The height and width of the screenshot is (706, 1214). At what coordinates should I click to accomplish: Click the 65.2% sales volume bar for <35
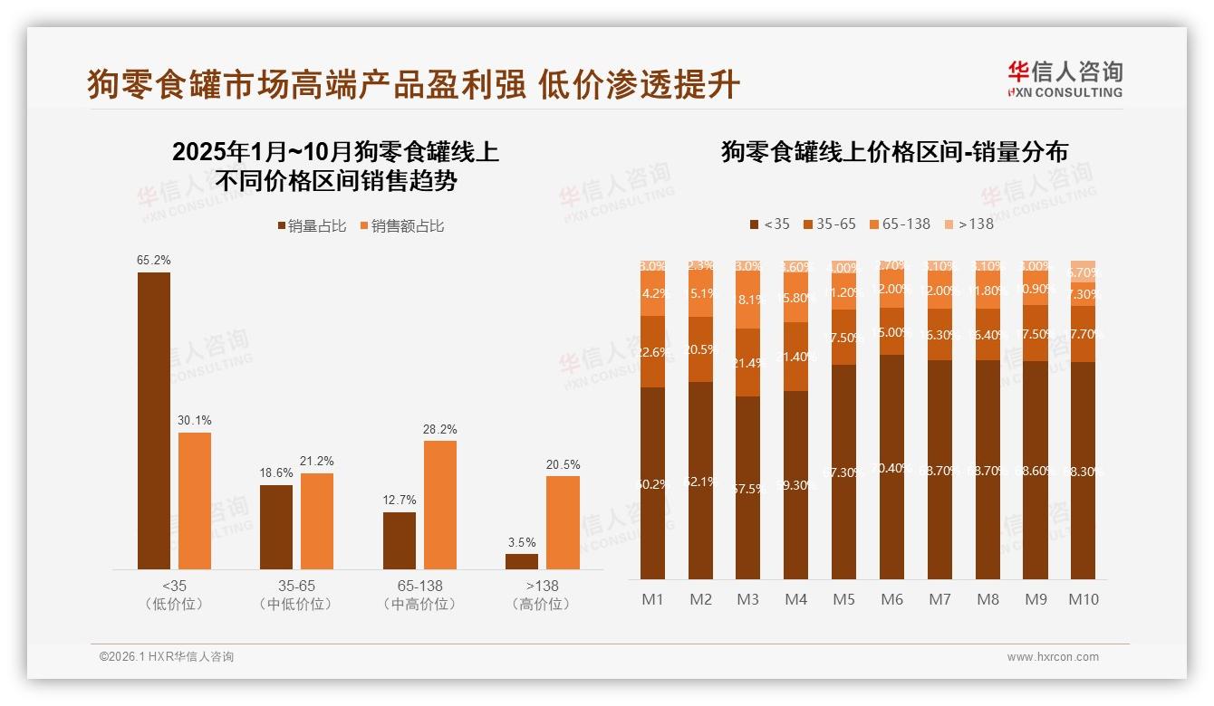coord(154,420)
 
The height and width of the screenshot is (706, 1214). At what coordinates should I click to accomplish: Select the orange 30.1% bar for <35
coord(195,501)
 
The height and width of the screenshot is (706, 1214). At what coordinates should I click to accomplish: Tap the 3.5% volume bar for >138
coord(522,561)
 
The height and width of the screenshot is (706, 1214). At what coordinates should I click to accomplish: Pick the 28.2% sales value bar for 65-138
coord(440,504)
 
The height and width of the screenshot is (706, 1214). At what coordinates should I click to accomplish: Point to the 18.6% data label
coord(276,473)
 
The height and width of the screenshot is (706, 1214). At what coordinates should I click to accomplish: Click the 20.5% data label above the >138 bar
coord(563,464)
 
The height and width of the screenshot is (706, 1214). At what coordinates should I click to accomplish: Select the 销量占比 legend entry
coord(311,225)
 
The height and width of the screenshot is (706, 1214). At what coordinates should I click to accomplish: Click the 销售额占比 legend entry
coord(401,225)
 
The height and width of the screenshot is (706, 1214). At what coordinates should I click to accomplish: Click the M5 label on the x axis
coord(843,599)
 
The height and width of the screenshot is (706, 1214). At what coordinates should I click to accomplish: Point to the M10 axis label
coord(1083,599)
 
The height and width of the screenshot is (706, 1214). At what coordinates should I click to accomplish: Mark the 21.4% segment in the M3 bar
coord(748,362)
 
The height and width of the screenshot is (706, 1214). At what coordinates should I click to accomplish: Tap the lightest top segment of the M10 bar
coord(1083,271)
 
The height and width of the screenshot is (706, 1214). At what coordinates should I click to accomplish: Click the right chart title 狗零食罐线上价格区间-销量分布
coord(894,151)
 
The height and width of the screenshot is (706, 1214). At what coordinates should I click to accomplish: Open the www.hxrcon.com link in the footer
coord(1053,657)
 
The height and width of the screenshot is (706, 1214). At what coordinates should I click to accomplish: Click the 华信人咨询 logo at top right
coord(1065,79)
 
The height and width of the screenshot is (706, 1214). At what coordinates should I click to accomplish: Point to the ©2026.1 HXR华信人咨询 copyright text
coord(167,657)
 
